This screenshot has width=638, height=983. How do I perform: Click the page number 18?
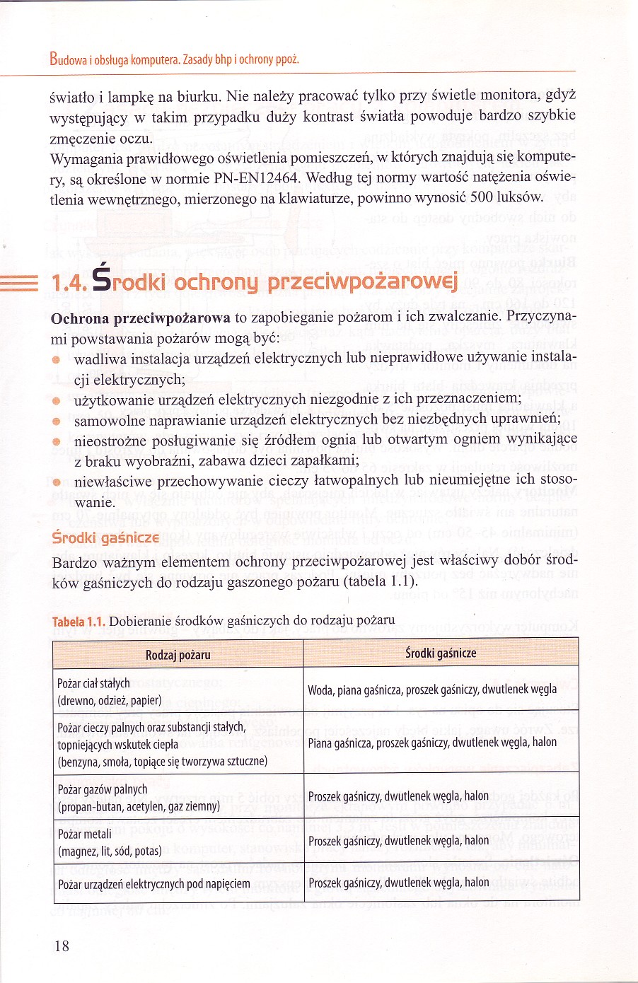point(62,946)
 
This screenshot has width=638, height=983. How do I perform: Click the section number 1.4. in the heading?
point(69,283)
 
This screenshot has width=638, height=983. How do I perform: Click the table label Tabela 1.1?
point(79,622)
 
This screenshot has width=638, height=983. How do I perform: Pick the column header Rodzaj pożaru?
point(178,655)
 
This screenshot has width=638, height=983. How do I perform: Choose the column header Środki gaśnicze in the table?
point(441,653)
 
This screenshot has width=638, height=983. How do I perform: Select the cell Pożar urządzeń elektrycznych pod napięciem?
point(154,884)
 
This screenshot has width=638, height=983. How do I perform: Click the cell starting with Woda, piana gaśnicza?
point(432,690)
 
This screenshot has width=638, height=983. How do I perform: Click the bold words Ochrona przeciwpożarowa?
point(140,318)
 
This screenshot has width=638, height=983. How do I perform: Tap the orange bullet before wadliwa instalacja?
point(57,359)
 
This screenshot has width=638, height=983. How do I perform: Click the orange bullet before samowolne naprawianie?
point(57,421)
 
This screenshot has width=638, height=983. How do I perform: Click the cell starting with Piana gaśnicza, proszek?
point(432,743)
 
